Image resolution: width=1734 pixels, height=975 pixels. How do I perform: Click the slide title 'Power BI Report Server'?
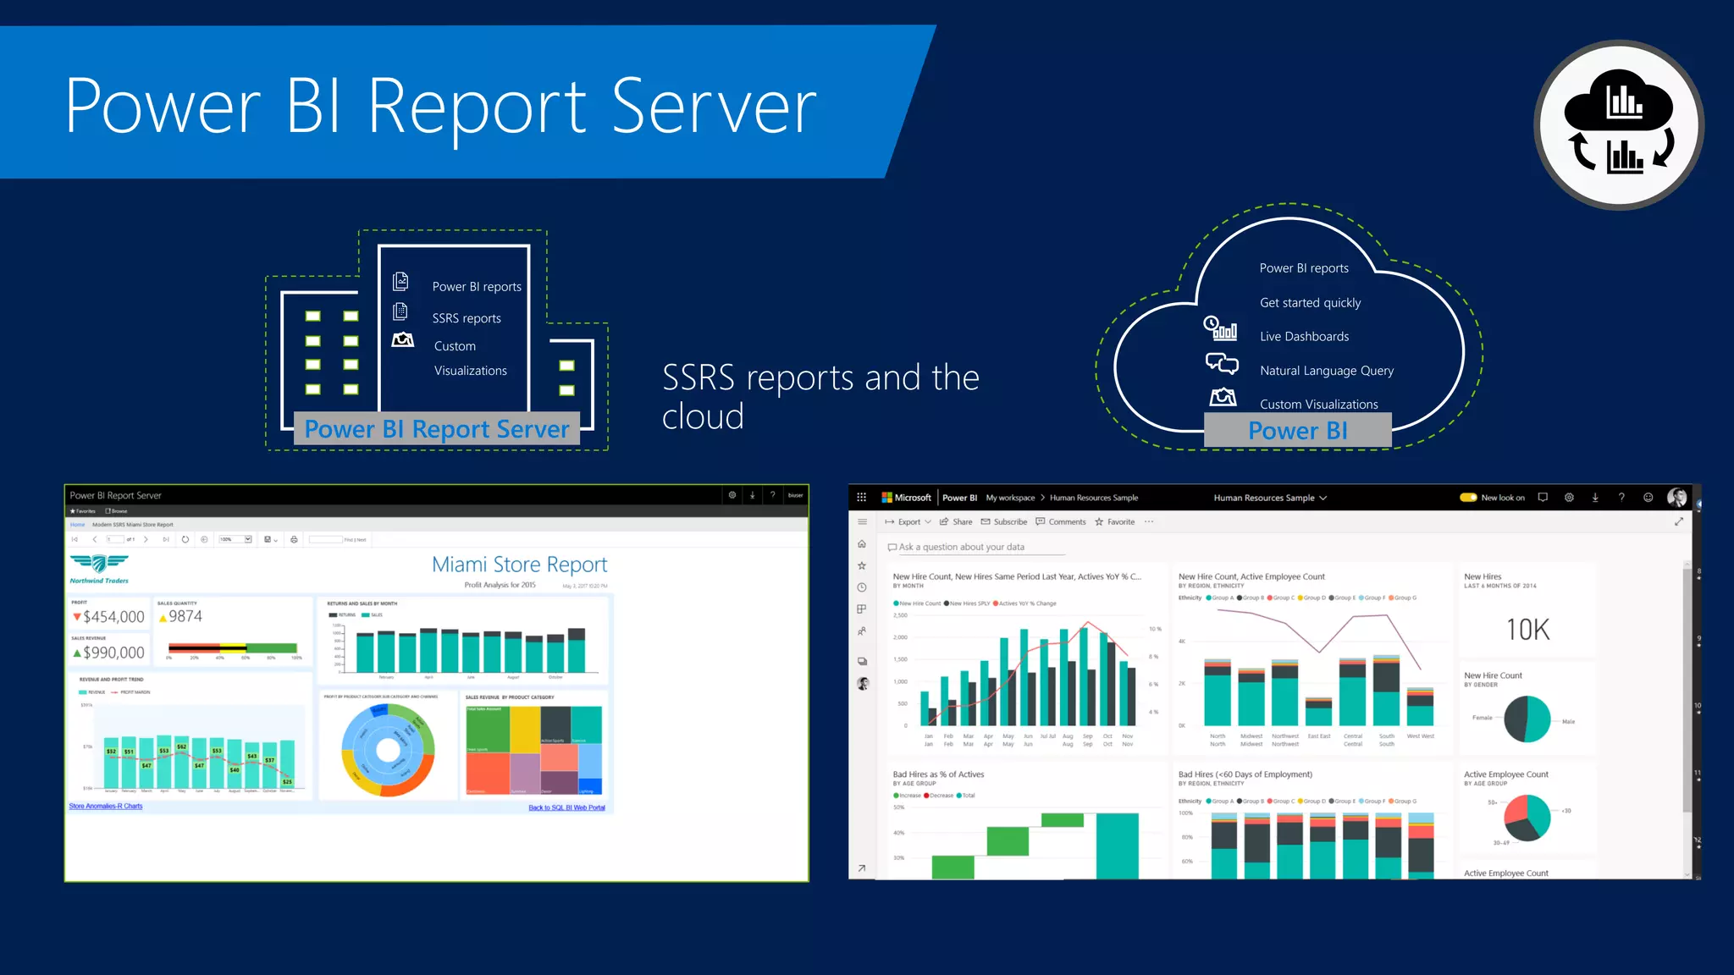click(440, 107)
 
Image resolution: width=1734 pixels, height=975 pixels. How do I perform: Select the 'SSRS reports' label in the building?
click(467, 318)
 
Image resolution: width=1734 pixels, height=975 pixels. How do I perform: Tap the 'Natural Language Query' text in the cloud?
click(1326, 371)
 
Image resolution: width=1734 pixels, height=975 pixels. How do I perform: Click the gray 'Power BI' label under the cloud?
click(1297, 431)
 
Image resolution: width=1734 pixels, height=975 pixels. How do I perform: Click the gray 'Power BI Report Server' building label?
click(437, 429)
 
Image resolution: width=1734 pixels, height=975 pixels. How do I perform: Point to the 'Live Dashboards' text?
click(1304, 337)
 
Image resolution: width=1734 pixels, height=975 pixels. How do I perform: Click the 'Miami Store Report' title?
click(519, 565)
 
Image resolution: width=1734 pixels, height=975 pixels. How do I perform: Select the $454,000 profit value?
click(113, 617)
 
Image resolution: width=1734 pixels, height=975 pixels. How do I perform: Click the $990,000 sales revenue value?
click(113, 653)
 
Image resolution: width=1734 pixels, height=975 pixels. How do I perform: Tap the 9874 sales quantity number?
click(185, 616)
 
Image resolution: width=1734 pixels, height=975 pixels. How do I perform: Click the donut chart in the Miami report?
click(388, 750)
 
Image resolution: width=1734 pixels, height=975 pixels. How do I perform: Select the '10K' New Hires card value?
click(1527, 630)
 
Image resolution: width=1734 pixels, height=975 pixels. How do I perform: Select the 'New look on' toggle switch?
click(1469, 498)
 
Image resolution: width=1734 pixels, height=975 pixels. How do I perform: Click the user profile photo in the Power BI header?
click(1676, 498)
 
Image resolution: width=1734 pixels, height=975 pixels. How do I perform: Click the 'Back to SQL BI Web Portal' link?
click(566, 807)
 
